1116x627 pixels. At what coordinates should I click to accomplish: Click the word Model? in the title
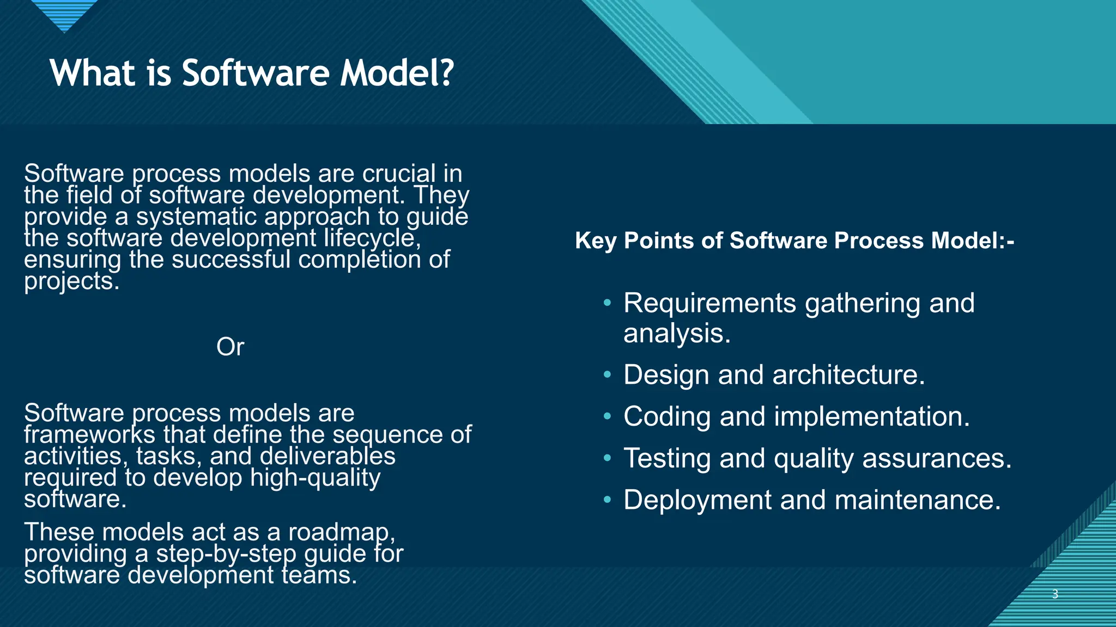point(397,73)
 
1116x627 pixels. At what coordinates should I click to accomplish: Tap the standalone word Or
point(230,347)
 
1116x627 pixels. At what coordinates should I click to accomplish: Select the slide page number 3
point(1055,594)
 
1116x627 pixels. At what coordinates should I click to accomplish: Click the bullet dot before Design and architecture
point(608,375)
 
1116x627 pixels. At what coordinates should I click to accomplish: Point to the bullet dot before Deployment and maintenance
point(608,500)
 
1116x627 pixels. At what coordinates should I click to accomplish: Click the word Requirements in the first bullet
point(709,303)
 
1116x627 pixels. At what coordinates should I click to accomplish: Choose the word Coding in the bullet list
point(667,417)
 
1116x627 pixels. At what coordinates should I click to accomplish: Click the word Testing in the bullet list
point(667,458)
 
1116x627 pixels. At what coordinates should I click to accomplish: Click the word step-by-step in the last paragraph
point(226,554)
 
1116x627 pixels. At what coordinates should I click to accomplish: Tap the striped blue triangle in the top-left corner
point(64,14)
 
